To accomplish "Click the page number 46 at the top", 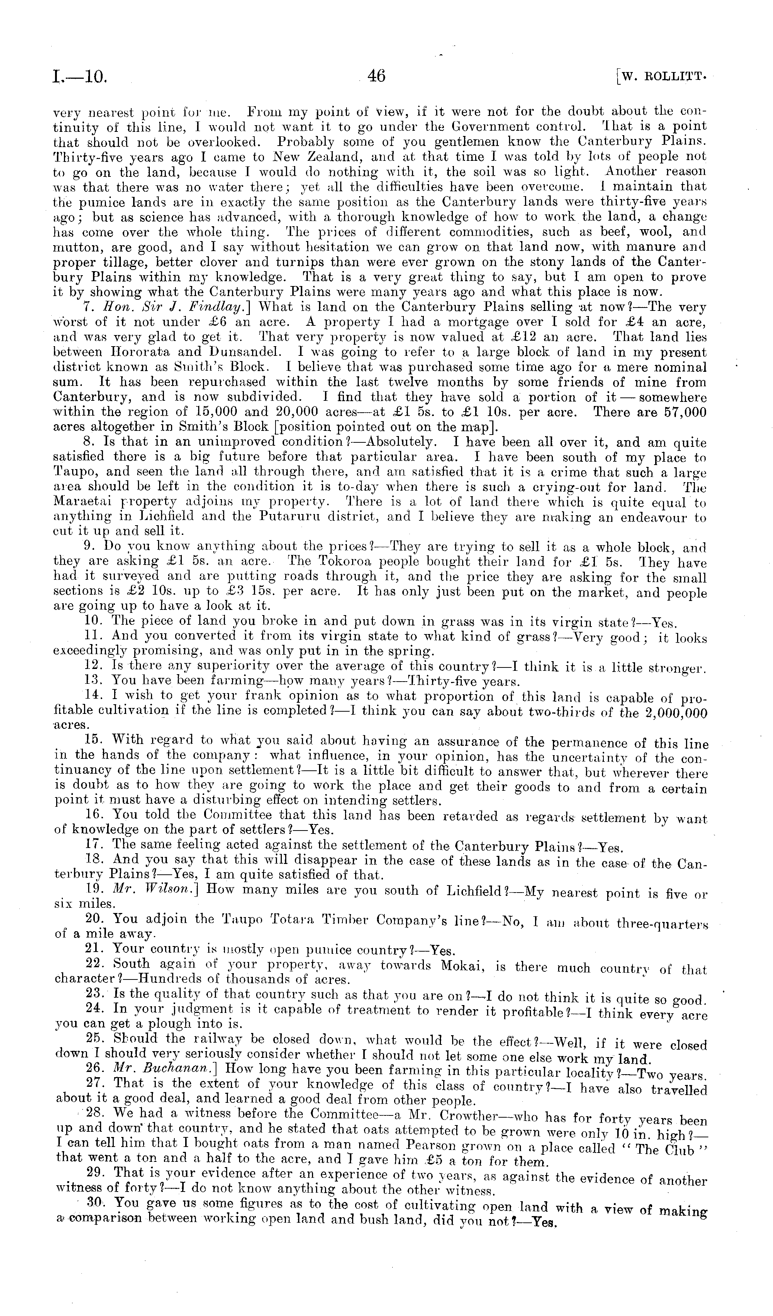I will [x=376, y=76].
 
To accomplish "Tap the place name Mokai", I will [x=464, y=966].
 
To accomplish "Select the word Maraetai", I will [x=84, y=503].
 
